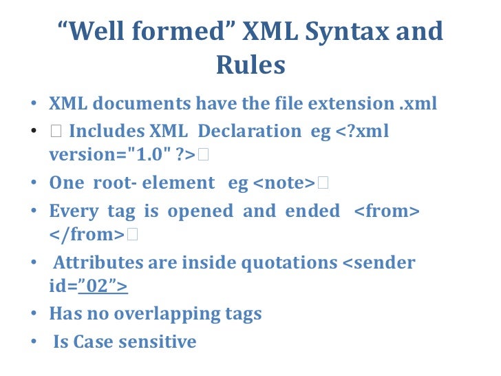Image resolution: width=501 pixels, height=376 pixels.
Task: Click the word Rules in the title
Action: coord(250,65)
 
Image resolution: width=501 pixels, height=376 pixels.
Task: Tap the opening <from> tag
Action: coord(386,211)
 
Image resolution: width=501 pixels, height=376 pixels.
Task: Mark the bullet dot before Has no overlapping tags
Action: coord(34,315)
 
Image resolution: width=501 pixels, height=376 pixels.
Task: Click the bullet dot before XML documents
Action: coord(34,105)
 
